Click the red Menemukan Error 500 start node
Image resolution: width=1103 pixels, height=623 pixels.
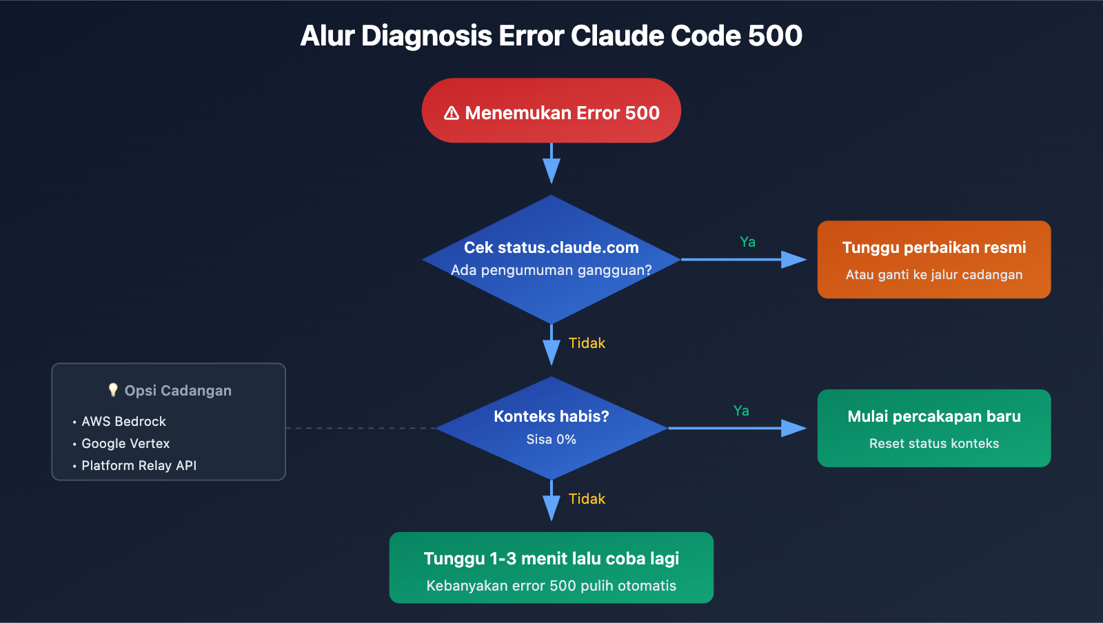coord(551,110)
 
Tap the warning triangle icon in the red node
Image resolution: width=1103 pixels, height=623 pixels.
coord(452,113)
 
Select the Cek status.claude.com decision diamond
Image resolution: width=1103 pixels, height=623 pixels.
coord(551,259)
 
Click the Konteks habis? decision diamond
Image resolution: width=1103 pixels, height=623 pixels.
coord(551,427)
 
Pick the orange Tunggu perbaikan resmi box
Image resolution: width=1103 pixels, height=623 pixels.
coord(934,259)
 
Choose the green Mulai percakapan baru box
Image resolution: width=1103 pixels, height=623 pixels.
coord(934,427)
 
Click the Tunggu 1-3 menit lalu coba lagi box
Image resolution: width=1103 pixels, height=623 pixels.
coord(551,567)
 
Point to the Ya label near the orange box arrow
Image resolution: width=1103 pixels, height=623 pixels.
coord(747,242)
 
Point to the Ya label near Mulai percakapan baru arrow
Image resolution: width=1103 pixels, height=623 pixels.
coord(741,411)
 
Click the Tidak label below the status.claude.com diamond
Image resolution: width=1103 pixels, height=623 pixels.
coord(587,343)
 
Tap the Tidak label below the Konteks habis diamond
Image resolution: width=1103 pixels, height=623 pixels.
coord(587,499)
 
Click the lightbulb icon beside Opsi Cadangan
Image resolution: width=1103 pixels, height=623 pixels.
coord(113,390)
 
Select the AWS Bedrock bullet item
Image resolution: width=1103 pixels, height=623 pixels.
coord(123,421)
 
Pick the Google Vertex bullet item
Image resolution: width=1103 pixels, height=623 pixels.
coord(125,443)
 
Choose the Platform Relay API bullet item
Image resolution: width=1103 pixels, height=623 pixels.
coord(139,465)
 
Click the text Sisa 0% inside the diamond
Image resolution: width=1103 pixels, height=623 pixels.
coord(551,439)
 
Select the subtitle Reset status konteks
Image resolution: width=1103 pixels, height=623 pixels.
coord(934,443)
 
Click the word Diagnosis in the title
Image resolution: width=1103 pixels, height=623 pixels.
coord(427,36)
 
